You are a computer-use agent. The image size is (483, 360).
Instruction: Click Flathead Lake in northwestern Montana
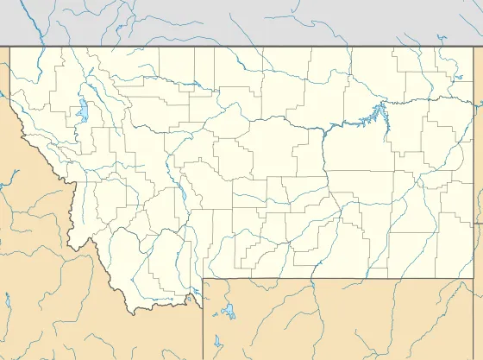point(80,110)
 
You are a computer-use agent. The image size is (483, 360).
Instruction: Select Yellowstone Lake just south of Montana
point(228,311)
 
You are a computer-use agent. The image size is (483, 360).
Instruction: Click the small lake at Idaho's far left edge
point(7,302)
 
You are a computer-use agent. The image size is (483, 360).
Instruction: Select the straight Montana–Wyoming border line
point(345,279)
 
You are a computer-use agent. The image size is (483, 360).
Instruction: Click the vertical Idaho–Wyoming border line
point(204,328)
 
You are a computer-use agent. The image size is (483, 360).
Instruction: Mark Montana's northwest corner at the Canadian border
point(10,47)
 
